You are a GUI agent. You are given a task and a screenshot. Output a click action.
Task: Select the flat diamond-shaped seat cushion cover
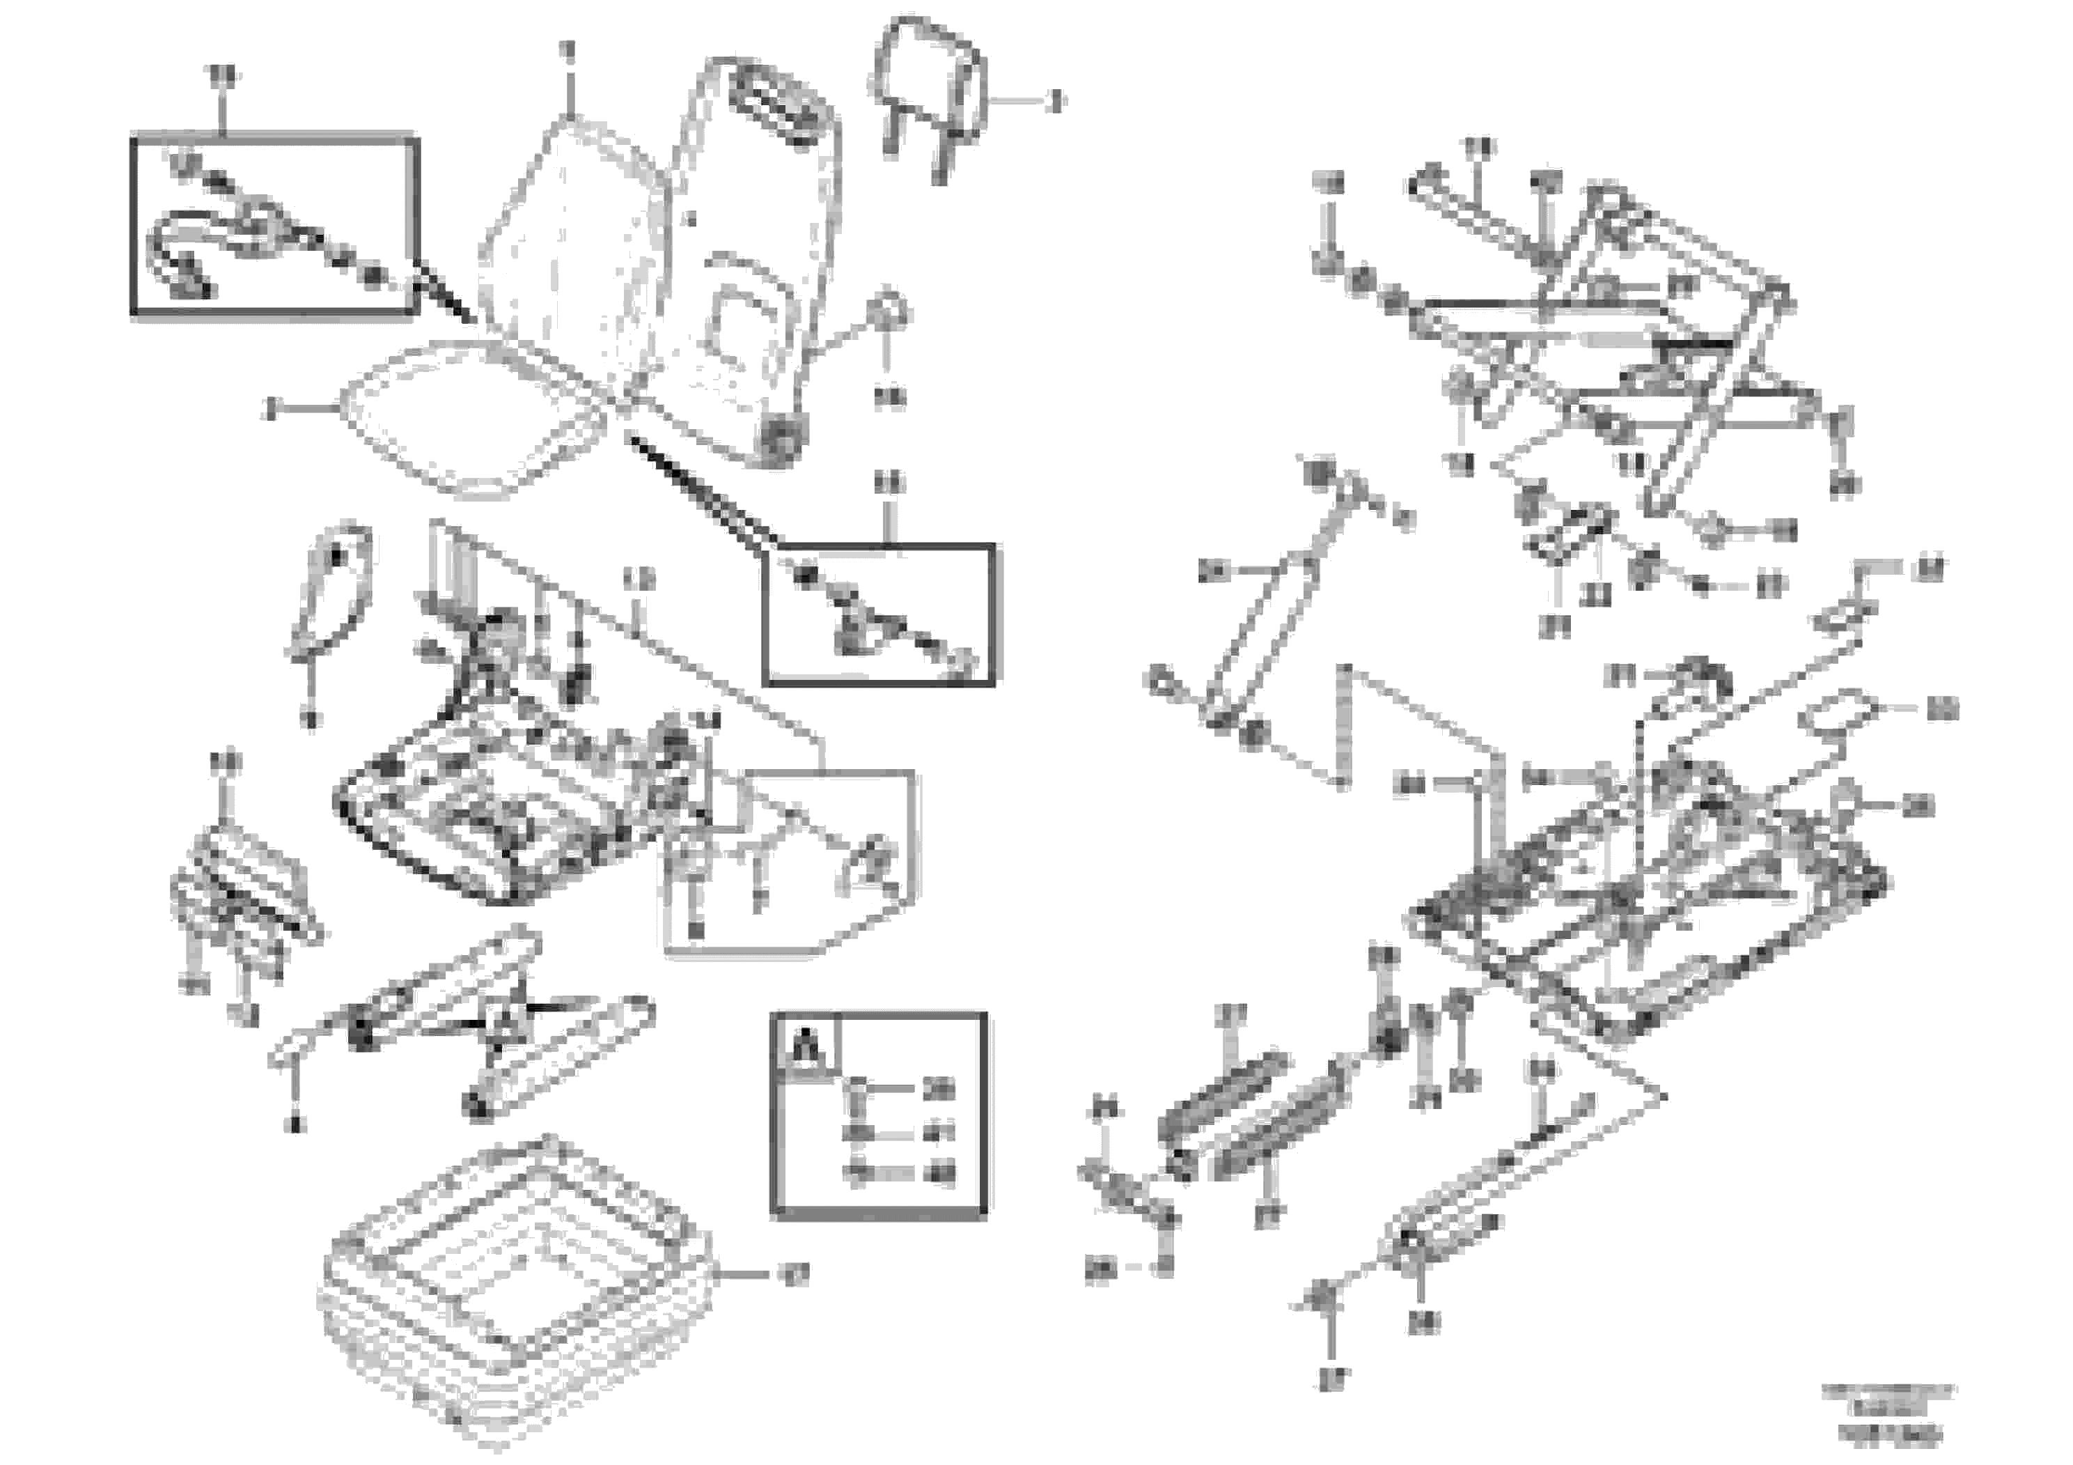[469, 420]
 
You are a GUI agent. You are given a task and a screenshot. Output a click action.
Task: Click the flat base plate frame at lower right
[1643, 921]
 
